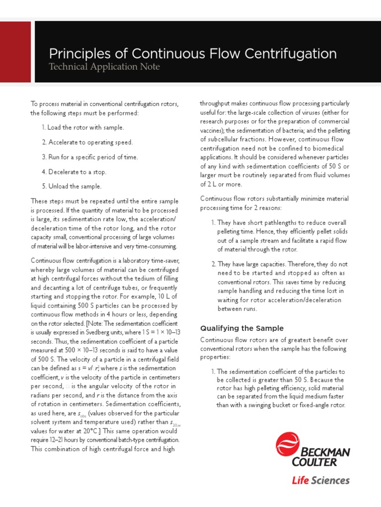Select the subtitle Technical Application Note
point(104,67)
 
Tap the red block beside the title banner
point(15,52)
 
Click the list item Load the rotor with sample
point(83,127)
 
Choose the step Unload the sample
point(71,186)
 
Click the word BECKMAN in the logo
point(325,452)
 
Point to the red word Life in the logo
point(300,480)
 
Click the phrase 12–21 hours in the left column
point(64,440)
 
